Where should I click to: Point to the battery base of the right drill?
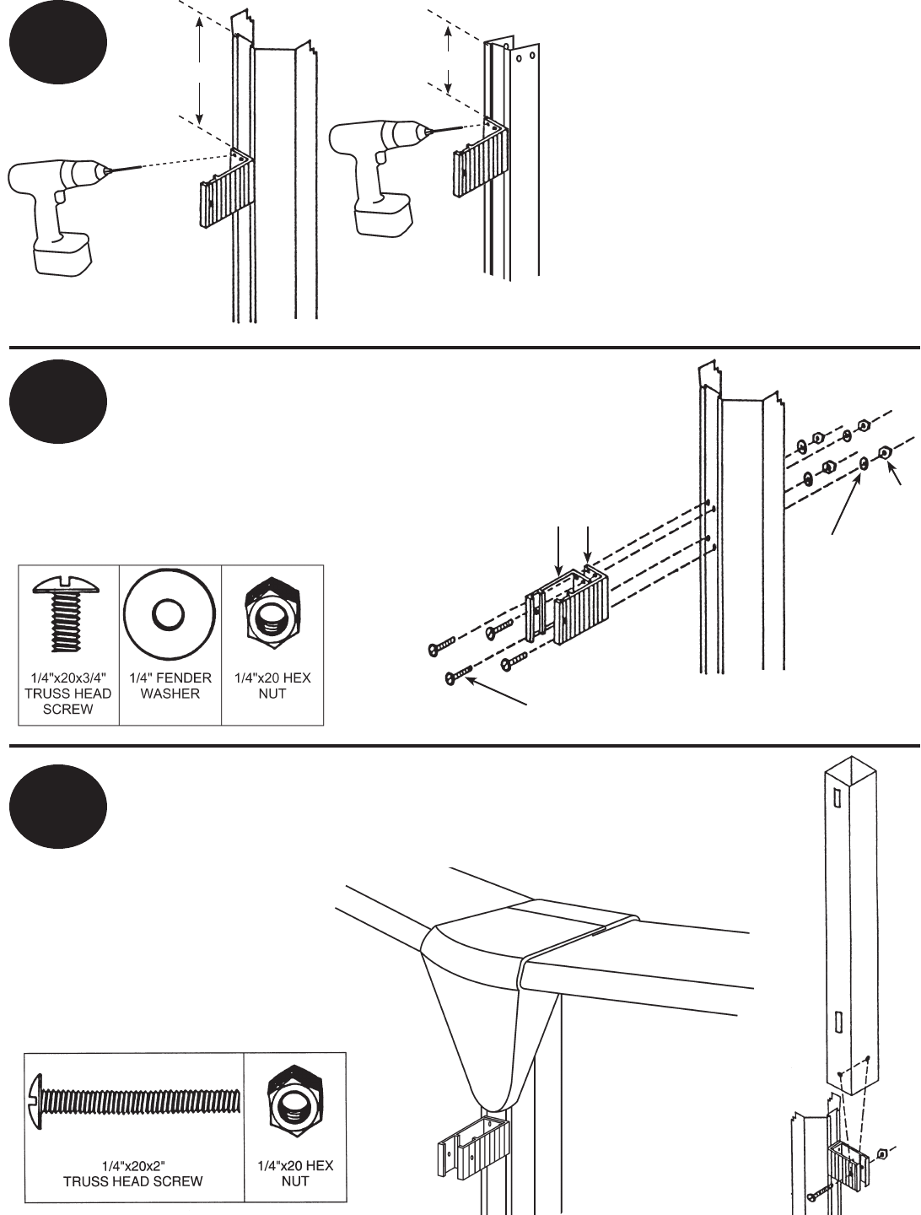pos(385,217)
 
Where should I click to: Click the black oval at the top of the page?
pos(58,44)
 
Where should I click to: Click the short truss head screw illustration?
pos(67,615)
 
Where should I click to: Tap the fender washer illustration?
pos(170,614)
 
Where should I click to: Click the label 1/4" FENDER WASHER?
pos(170,686)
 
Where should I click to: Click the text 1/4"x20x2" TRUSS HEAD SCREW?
pos(132,1174)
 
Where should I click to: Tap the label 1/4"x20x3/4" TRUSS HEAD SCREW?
pos(69,694)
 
